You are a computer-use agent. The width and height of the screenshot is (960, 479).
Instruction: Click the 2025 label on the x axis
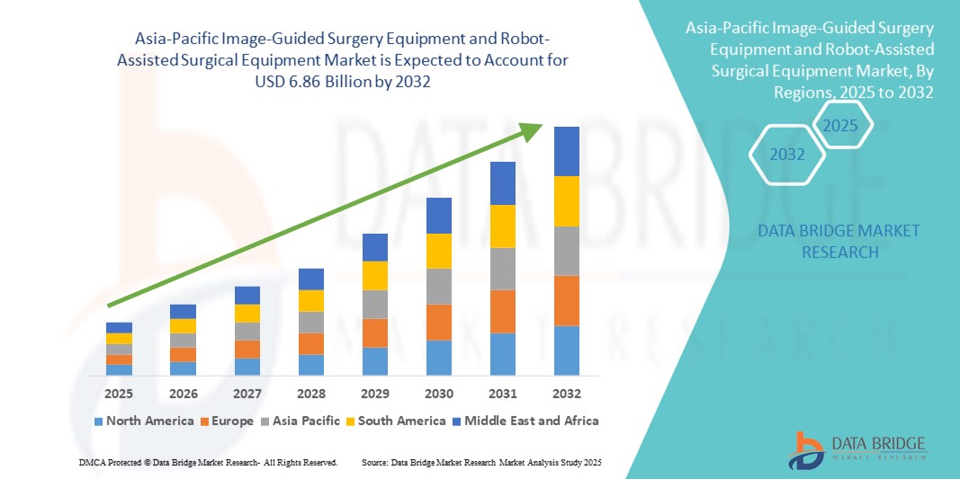(119, 394)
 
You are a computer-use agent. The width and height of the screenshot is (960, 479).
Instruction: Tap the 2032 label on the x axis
(567, 394)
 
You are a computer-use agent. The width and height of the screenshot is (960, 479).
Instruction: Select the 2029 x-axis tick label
(374, 394)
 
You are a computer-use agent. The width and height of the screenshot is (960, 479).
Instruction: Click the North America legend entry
(143, 421)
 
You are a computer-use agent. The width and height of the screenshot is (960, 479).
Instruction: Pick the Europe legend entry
(226, 421)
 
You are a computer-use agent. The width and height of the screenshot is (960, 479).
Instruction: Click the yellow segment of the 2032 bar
(567, 201)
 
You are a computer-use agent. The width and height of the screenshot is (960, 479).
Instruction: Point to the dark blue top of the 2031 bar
(502, 183)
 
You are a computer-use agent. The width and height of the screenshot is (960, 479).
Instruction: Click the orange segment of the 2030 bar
(438, 322)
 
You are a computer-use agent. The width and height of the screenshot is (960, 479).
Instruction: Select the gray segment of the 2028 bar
(311, 322)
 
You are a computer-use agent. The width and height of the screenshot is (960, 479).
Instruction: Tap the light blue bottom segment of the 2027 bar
(247, 366)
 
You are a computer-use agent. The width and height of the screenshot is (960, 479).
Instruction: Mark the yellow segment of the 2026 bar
(183, 325)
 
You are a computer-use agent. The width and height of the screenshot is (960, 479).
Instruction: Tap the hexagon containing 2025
(841, 125)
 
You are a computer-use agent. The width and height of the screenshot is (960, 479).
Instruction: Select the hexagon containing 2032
(787, 155)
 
